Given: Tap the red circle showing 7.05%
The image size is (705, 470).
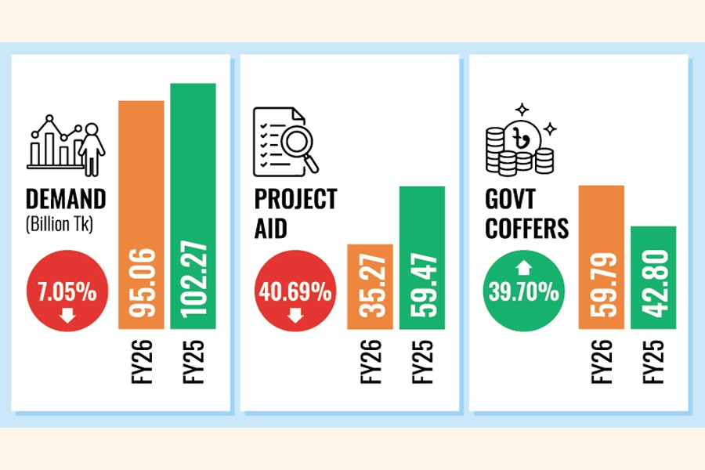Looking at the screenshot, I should [x=67, y=295].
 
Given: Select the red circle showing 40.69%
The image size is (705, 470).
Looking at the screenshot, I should [x=296, y=295].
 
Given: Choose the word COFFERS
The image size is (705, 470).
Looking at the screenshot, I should [x=526, y=229].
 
